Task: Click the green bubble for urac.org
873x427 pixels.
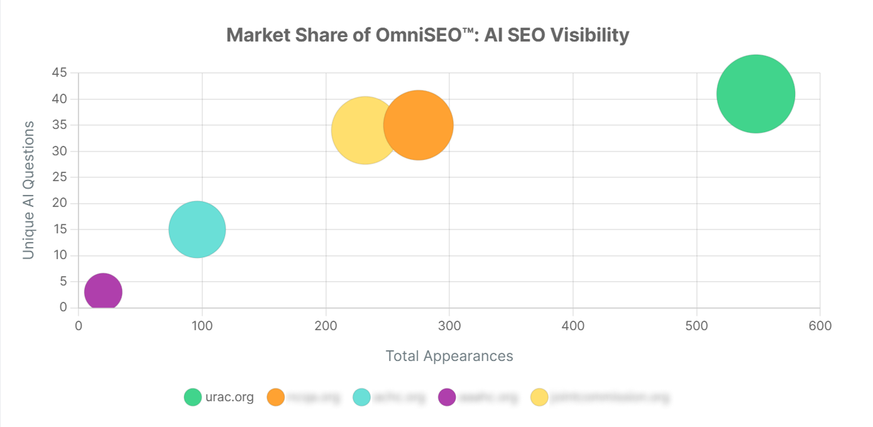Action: tap(755, 94)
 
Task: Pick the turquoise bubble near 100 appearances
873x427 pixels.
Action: tap(197, 230)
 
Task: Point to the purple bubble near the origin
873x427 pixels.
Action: tap(103, 292)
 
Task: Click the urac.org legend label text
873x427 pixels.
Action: tap(229, 397)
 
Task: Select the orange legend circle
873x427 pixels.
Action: tap(276, 397)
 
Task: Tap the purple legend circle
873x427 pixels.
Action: tap(447, 397)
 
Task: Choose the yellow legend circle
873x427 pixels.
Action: tap(540, 397)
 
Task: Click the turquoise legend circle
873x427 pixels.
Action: tap(362, 397)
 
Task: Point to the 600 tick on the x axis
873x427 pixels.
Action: tap(820, 326)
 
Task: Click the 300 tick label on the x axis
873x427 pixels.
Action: tap(449, 326)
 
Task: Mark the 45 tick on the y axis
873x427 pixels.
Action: tap(60, 73)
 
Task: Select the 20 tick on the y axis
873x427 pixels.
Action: tap(60, 203)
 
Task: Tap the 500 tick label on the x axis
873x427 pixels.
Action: tap(696, 326)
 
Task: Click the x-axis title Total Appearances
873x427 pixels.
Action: tap(449, 356)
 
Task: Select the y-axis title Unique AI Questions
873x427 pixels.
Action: tap(28, 190)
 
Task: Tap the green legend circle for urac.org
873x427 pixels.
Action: tap(193, 397)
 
